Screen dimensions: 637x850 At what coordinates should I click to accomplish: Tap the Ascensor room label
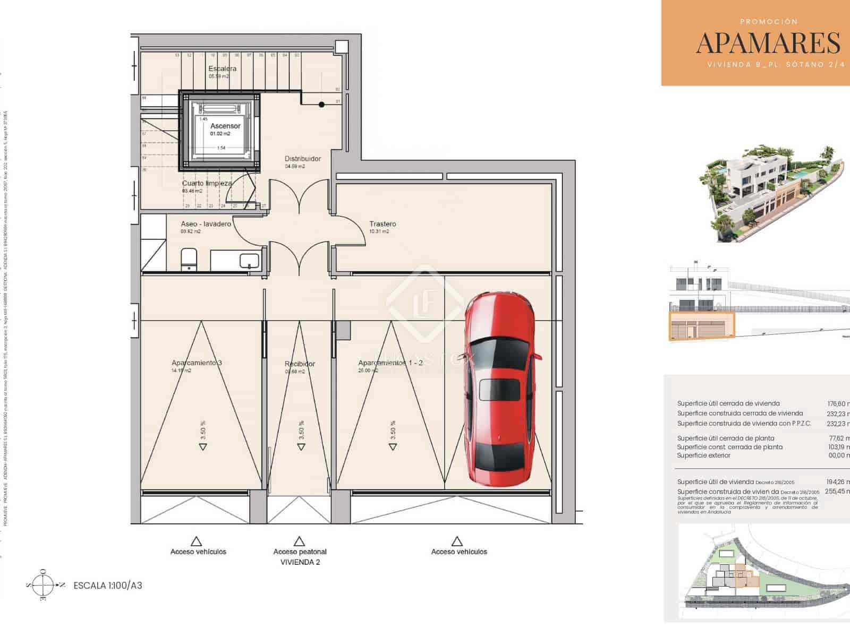point(225,126)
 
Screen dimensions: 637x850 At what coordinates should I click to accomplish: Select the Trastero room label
point(382,224)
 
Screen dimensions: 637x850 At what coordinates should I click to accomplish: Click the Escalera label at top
point(222,68)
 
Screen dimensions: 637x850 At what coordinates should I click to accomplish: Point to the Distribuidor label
point(302,159)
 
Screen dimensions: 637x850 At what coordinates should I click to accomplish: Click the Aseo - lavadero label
point(206,224)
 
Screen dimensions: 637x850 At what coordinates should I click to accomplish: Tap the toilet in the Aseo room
point(189,259)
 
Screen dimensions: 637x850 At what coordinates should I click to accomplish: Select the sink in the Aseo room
point(249,261)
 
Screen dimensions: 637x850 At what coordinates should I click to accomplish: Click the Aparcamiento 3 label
point(197,363)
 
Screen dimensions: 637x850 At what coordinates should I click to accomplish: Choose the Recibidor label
point(300,364)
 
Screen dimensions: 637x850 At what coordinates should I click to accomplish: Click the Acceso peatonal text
point(300,552)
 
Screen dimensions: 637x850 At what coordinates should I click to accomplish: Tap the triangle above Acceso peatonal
point(300,541)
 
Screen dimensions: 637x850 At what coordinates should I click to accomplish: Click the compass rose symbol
point(44,586)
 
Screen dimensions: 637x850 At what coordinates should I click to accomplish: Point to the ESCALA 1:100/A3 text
point(108,586)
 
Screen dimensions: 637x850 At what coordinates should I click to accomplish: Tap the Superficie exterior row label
point(703,455)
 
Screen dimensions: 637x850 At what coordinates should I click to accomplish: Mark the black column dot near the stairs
point(321,105)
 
